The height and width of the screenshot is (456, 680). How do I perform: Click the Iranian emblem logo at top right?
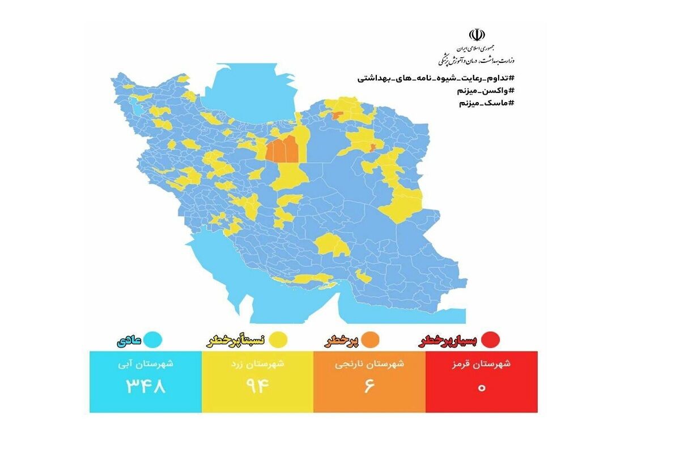pos(476,36)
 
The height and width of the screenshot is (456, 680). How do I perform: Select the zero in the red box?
pos(482,388)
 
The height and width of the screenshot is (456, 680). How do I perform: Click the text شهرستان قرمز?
pos(482,365)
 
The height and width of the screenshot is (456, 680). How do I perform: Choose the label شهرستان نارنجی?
pos(369,365)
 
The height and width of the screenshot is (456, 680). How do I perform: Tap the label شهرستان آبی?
pos(146,365)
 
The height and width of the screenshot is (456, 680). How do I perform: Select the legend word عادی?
pos(129,341)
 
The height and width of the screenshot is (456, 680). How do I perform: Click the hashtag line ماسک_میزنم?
pos(486,103)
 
